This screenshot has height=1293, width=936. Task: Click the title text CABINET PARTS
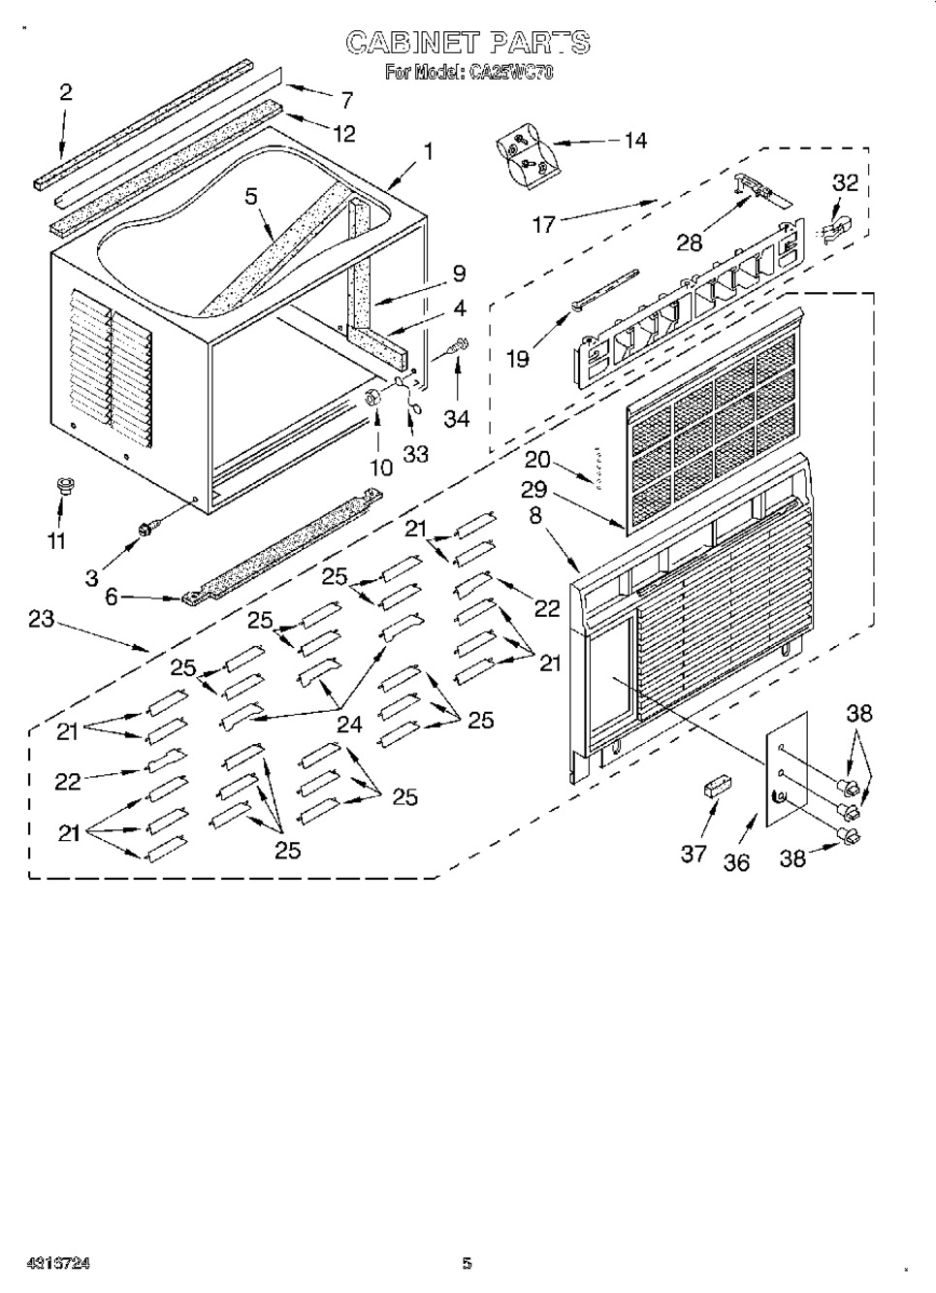pos(468,43)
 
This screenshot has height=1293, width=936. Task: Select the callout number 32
pos(846,182)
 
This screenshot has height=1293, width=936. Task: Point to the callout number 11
pos(58,540)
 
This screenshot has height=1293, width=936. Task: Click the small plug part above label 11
pos(65,484)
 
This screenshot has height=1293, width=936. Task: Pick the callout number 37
pos(693,854)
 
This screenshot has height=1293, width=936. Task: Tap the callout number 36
pos(737,861)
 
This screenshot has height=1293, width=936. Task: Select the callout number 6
pos(112,598)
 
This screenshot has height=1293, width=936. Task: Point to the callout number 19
pos(518,359)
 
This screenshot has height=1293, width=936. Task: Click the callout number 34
pos(456,418)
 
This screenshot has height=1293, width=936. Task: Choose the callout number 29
pos(534,490)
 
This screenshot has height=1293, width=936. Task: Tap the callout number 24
pos(349,723)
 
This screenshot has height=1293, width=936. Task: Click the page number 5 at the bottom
pos(467,1263)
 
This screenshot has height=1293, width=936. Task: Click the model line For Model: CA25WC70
pos(468,72)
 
